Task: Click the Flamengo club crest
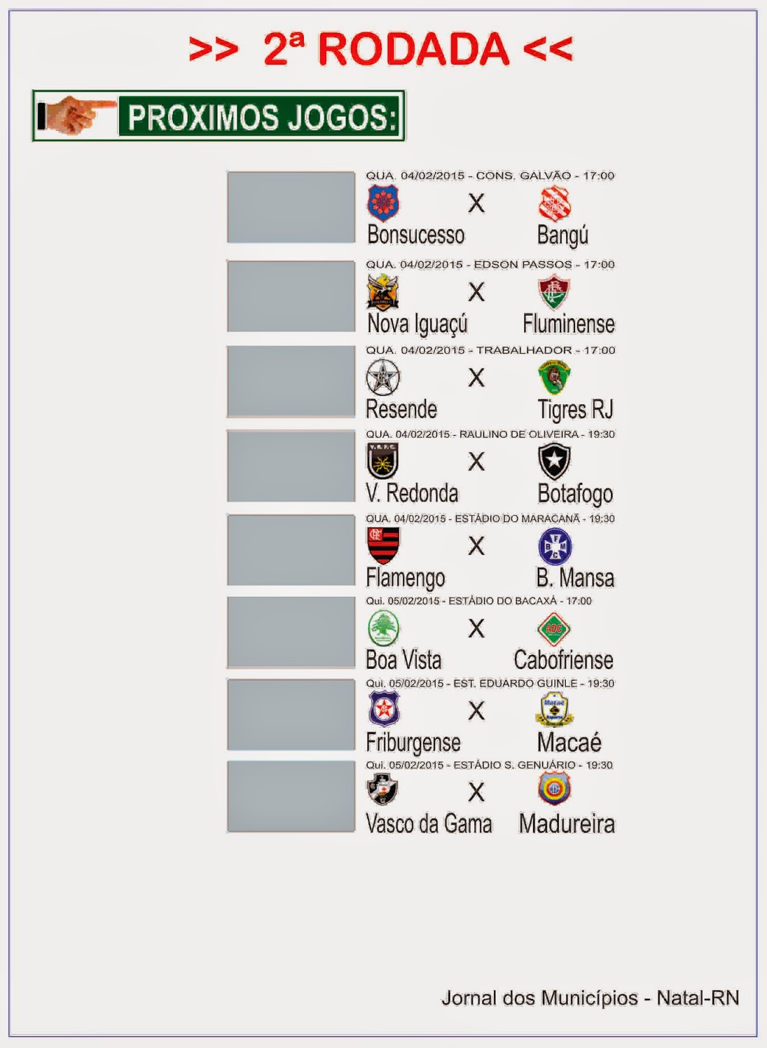coord(383,545)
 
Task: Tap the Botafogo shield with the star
coord(554,461)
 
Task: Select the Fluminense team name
coord(569,324)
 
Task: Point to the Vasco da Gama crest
coord(383,789)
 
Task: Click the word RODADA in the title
coord(413,50)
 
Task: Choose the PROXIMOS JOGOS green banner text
coord(262,117)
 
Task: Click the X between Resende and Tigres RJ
coord(476,377)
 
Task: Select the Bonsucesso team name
coord(415,235)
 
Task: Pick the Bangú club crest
coord(555,203)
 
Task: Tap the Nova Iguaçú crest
coord(383,291)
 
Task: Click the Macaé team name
coord(569,743)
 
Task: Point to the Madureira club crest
coord(554,789)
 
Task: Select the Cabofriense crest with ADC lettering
coord(554,629)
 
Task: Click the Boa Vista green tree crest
coord(383,627)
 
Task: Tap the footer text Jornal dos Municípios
coord(539,998)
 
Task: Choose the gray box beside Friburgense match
coord(291,715)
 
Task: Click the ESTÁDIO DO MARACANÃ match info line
coord(490,519)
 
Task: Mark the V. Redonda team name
coord(412,493)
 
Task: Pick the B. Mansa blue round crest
coord(554,546)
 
